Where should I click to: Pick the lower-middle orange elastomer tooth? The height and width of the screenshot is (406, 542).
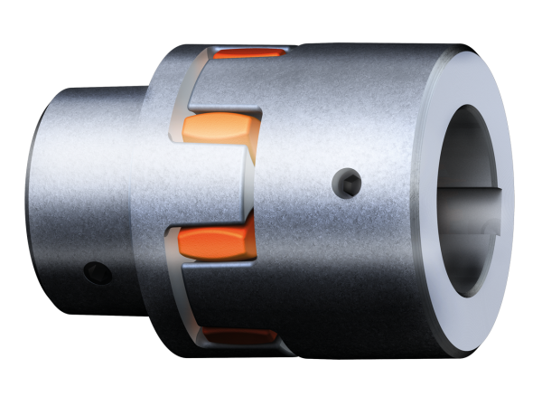[x=217, y=241]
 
